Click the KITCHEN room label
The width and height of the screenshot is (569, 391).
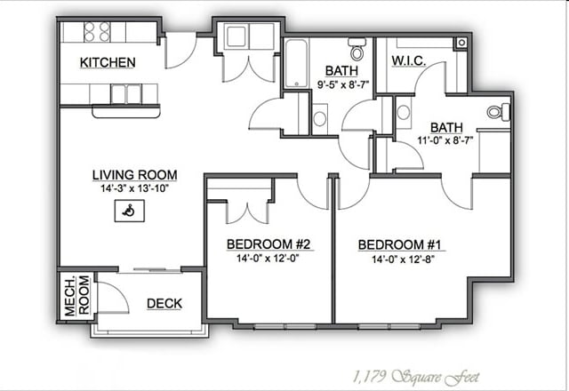pyautogui.click(x=108, y=62)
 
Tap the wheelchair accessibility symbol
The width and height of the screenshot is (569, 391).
pyautogui.click(x=129, y=211)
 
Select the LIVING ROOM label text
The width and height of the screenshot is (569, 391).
pyautogui.click(x=134, y=175)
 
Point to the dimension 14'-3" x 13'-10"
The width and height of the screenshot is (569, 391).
pyautogui.click(x=134, y=188)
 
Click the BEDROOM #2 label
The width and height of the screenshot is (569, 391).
pyautogui.click(x=268, y=244)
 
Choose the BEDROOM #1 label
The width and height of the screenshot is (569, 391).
pyautogui.click(x=399, y=245)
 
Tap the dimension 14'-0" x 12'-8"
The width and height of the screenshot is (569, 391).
pyautogui.click(x=403, y=259)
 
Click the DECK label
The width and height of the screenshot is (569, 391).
pyautogui.click(x=164, y=304)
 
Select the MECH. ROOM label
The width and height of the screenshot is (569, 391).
pyautogui.click(x=76, y=295)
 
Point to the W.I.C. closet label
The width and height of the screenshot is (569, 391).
pyautogui.click(x=409, y=61)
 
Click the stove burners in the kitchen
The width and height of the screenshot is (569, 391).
pyautogui.click(x=97, y=32)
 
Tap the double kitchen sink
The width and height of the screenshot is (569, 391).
pyautogui.click(x=126, y=94)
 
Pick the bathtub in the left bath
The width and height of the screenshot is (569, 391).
pyautogui.click(x=296, y=64)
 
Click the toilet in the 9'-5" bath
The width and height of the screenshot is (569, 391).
pyautogui.click(x=357, y=49)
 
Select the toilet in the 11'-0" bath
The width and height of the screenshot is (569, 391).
pyautogui.click(x=499, y=112)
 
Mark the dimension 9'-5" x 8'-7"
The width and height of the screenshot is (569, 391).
pyautogui.click(x=343, y=85)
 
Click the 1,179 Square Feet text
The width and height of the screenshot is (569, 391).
pyautogui.click(x=416, y=377)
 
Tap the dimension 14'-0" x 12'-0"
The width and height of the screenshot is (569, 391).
pyautogui.click(x=268, y=259)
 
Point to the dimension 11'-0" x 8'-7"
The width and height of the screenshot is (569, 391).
pyautogui.click(x=445, y=140)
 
